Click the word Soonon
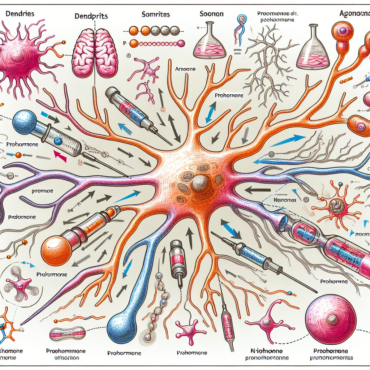(x=211, y=14)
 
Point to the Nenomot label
(x=284, y=199)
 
